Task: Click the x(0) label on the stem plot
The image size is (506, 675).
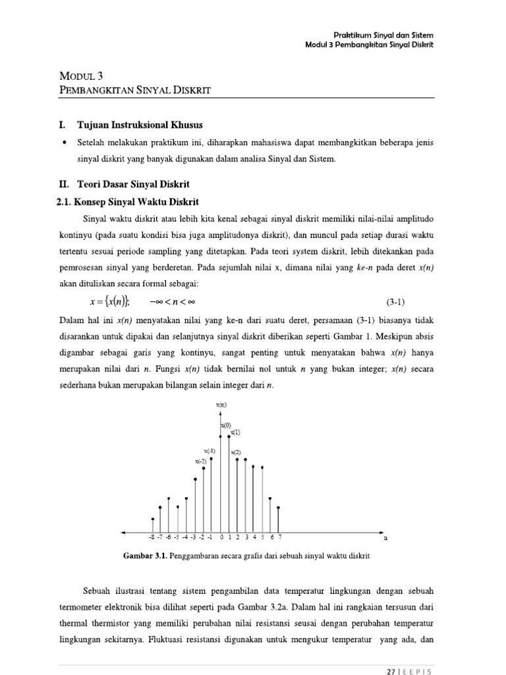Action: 226,425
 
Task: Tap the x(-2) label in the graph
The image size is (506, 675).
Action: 201,461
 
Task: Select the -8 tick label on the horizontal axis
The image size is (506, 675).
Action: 152,537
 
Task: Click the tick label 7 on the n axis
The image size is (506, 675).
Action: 279,537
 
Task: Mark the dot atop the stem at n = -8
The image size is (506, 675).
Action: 153,519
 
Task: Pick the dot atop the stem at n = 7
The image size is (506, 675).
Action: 279,508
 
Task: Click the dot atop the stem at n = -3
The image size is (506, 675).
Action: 195,479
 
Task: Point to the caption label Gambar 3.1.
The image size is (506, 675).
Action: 146,556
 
